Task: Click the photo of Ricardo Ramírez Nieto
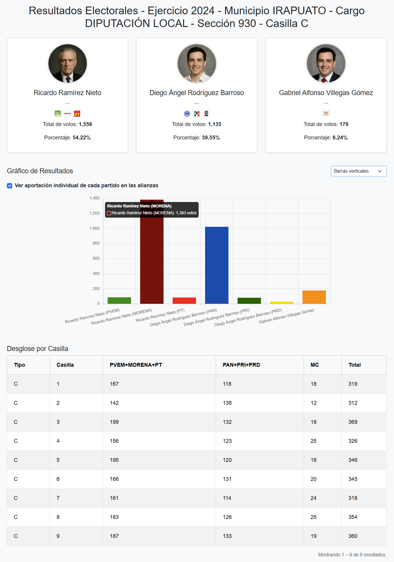coord(67,63)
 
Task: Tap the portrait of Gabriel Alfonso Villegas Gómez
coord(326,63)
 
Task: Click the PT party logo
coord(77,114)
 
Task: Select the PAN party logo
coord(187,114)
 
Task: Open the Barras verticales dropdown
coord(358,171)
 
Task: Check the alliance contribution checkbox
coord(10,186)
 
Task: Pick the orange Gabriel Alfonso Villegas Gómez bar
coord(314,297)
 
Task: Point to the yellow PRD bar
coord(281,303)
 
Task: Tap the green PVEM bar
coord(119,300)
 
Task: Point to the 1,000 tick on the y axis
coord(94,228)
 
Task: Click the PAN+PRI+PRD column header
coord(241,365)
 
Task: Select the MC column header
coord(315,365)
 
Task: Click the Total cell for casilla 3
coord(353,422)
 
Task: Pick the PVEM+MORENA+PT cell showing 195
coord(114,460)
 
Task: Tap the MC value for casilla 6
coord(313,479)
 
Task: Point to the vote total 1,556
coord(85,124)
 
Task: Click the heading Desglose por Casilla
coord(37,349)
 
